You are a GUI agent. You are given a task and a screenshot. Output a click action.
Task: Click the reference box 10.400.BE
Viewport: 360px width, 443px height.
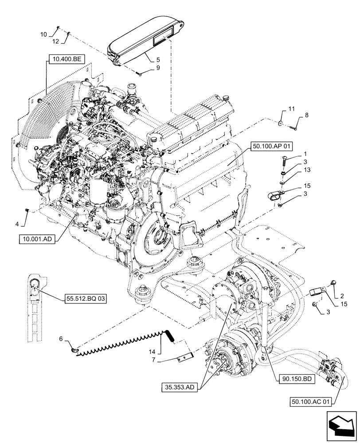point(64,58)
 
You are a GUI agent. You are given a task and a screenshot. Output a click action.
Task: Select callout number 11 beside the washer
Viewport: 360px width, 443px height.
point(291,109)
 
